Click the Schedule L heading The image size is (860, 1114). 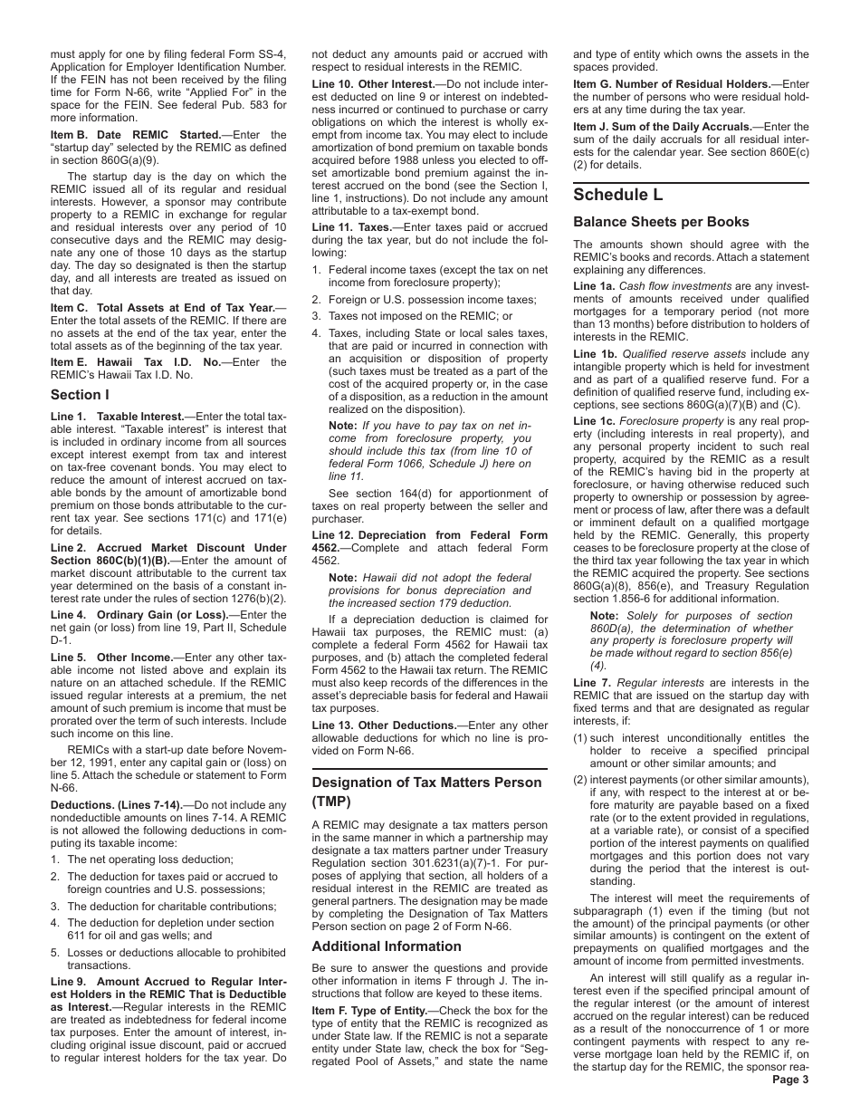618,195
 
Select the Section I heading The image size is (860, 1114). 80,394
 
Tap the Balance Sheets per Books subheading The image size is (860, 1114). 661,222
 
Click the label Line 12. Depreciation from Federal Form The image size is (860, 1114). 430,535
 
